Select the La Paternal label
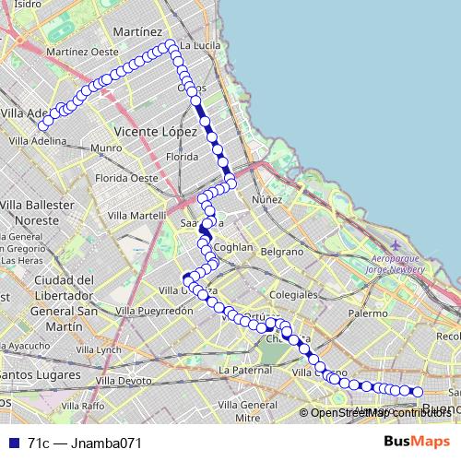click(x=244, y=370)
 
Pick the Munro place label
click(x=106, y=148)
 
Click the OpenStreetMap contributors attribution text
click(x=379, y=412)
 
